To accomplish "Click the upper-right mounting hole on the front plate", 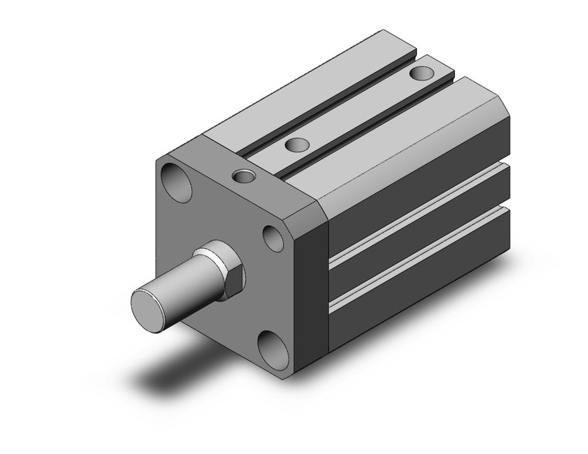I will (x=272, y=237).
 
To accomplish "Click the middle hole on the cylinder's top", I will (x=295, y=144).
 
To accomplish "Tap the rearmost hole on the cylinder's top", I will (x=422, y=73).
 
